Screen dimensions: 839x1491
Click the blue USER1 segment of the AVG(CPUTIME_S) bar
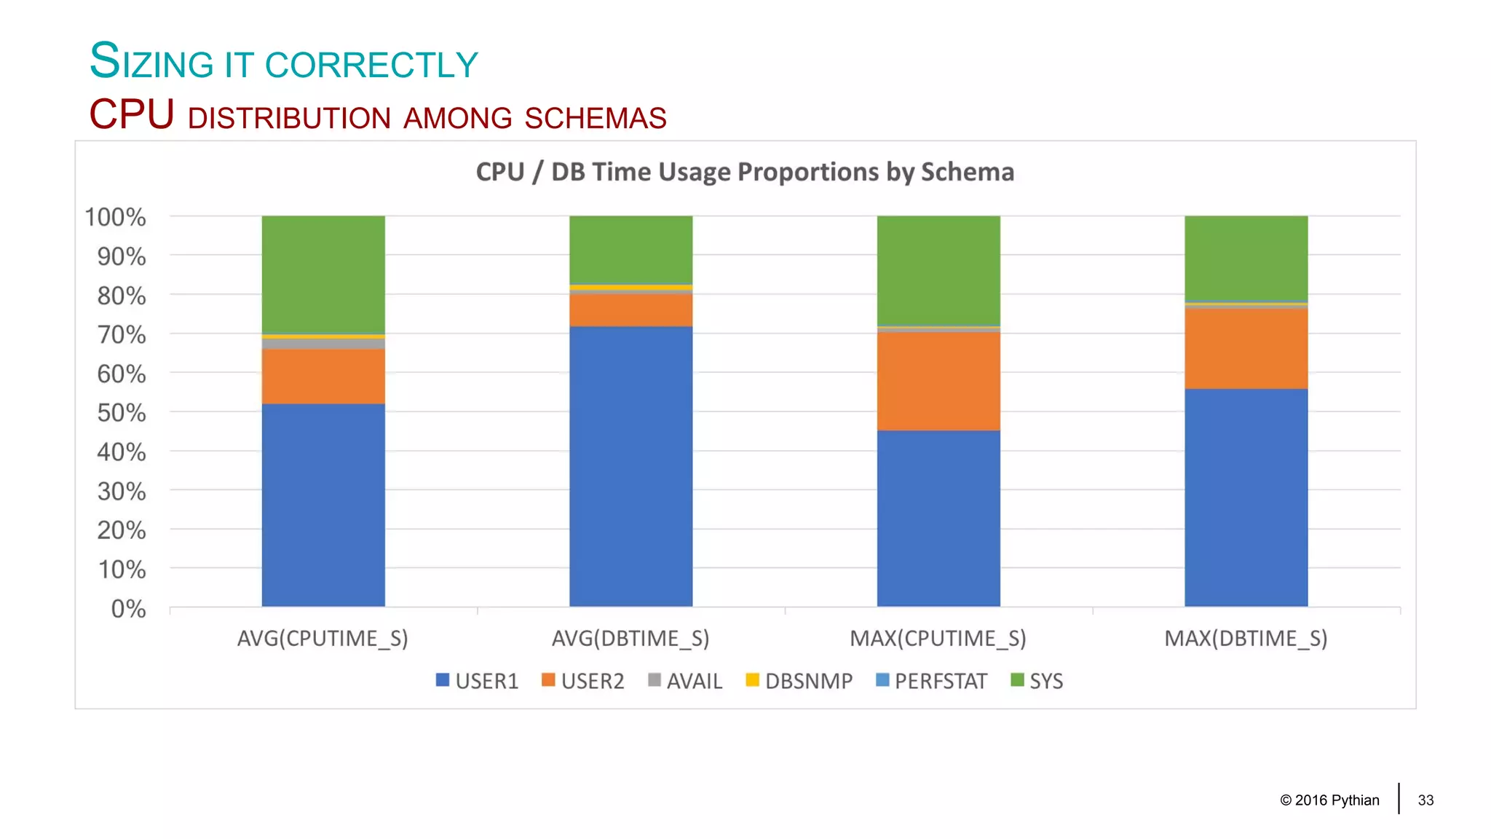click(323, 504)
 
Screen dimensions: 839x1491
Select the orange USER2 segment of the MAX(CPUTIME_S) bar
click(938, 381)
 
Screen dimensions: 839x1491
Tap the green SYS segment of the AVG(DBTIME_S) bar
click(630, 249)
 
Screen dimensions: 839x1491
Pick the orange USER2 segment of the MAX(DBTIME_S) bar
click(1246, 349)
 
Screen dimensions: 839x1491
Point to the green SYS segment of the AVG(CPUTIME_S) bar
click(323, 274)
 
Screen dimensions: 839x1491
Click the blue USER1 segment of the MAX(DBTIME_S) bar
click(1246, 497)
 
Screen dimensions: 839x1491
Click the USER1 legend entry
click(478, 681)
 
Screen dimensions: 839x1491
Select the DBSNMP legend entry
click(799, 681)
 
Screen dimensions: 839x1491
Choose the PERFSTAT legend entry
click(931, 681)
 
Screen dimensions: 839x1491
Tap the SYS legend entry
click(1037, 681)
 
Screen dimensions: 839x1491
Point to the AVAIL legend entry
click(685, 681)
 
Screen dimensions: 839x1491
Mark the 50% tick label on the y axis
click(121, 413)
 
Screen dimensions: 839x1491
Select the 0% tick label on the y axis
click(128, 609)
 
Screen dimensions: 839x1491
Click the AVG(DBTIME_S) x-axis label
click(630, 639)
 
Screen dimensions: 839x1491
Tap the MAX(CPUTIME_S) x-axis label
click(938, 639)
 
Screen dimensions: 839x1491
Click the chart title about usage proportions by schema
click(745, 172)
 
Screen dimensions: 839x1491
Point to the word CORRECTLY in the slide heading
click(371, 65)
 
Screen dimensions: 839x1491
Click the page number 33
click(1425, 800)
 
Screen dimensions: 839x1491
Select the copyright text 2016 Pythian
click(1329, 800)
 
